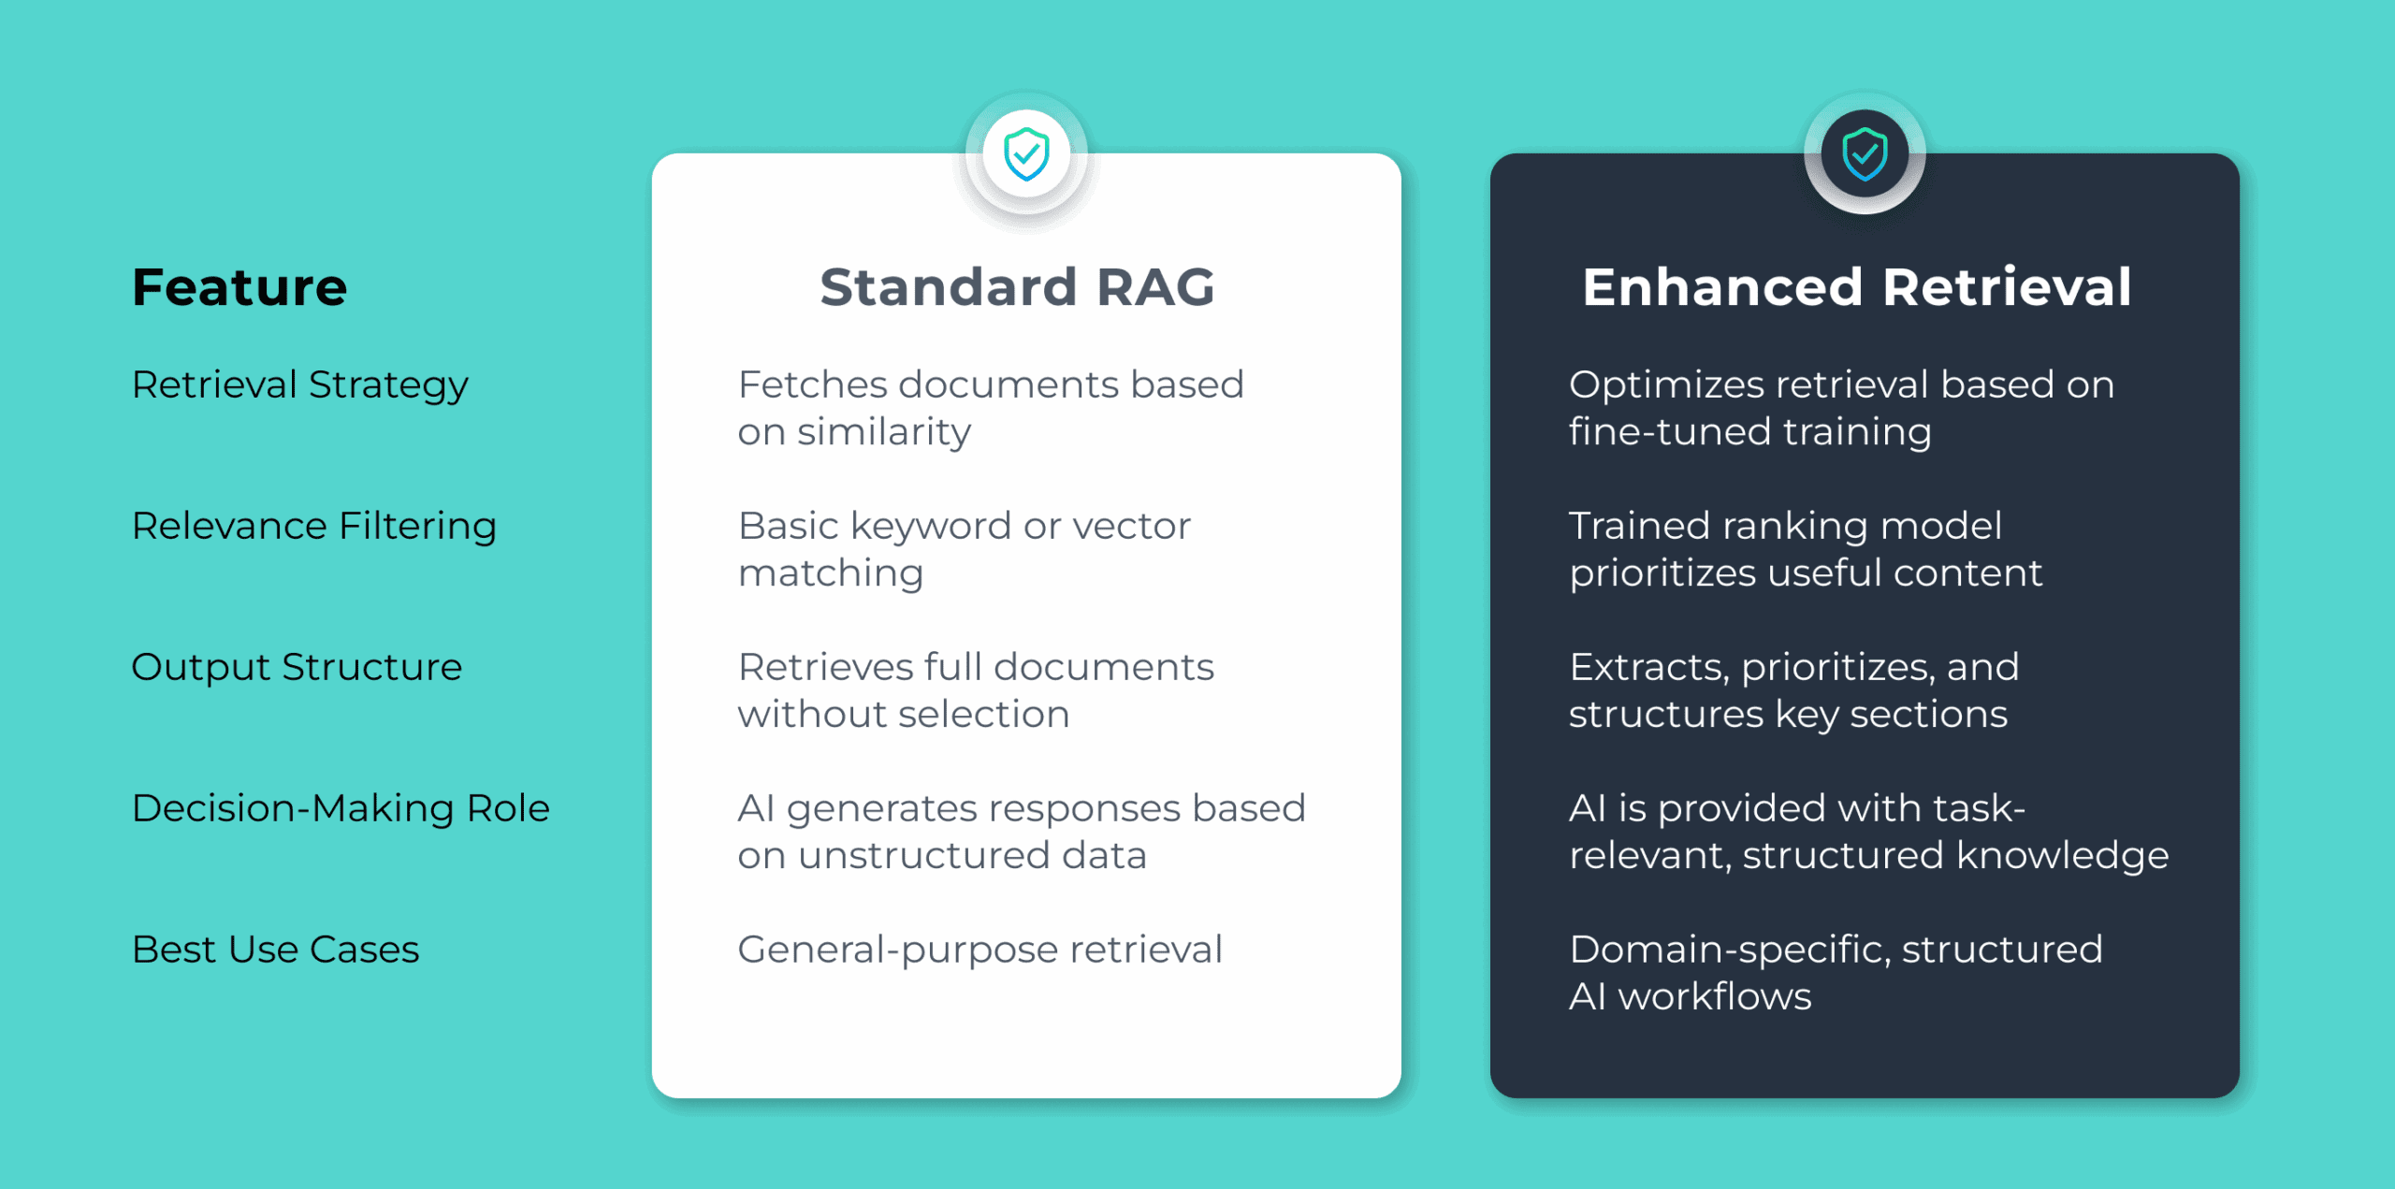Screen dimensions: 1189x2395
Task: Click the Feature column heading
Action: [x=239, y=286]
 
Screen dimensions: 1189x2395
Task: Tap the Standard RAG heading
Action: [x=1017, y=286]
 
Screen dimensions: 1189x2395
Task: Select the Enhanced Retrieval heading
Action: [x=1856, y=286]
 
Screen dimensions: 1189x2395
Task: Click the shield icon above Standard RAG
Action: [x=1026, y=153]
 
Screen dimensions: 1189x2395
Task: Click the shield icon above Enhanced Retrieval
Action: [x=1865, y=153]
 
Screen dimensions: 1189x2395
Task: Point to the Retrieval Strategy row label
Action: [x=299, y=385]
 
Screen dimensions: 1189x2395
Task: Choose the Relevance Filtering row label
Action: [x=313, y=526]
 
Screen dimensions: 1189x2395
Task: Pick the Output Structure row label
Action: [x=297, y=667]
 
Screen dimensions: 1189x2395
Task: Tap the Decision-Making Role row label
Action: [x=341, y=808]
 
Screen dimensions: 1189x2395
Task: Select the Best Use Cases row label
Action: [x=275, y=950]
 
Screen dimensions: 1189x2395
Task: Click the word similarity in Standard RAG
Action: [x=884, y=432]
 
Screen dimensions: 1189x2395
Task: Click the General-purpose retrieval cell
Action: [x=980, y=950]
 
